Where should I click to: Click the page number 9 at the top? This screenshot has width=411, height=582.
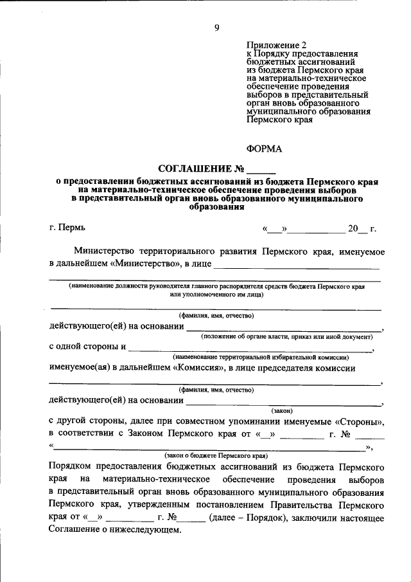pos(216,26)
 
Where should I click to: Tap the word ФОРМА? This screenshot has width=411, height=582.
pos(264,149)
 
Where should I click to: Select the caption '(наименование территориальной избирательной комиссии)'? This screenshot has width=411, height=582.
pos(260,357)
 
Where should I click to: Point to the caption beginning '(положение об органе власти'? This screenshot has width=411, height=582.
pos(286,336)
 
